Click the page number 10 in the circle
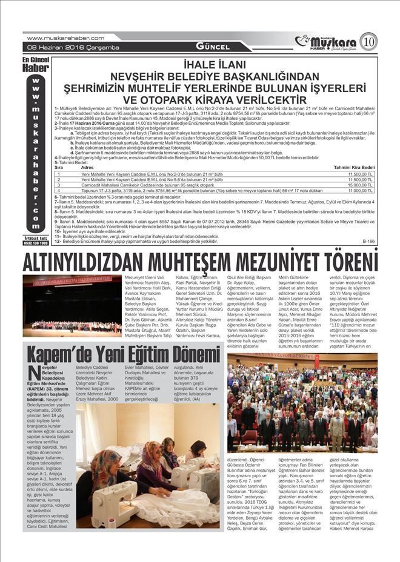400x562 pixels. (x=368, y=42)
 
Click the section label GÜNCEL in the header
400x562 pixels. (x=212, y=47)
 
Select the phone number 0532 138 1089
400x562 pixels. (x=36, y=243)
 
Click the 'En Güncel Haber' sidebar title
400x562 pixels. (x=35, y=65)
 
